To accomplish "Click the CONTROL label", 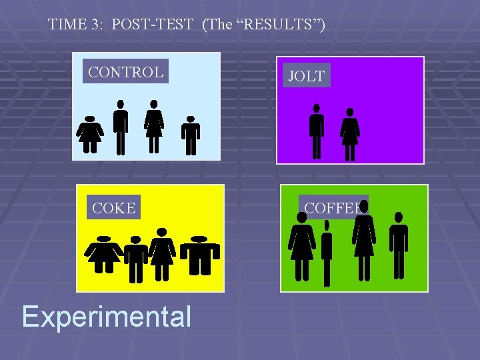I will [125, 72].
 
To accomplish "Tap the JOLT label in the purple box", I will [306, 75].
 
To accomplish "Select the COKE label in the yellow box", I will [113, 208].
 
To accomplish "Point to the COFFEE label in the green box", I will [333, 207].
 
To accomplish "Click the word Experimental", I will [106, 316].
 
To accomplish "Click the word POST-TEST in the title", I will [153, 25].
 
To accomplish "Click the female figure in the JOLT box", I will [349, 134].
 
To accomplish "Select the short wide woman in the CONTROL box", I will [89, 134].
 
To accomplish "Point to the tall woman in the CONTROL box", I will [154, 127].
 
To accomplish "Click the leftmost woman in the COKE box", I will [104, 254].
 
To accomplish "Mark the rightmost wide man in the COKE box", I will [199, 255].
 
